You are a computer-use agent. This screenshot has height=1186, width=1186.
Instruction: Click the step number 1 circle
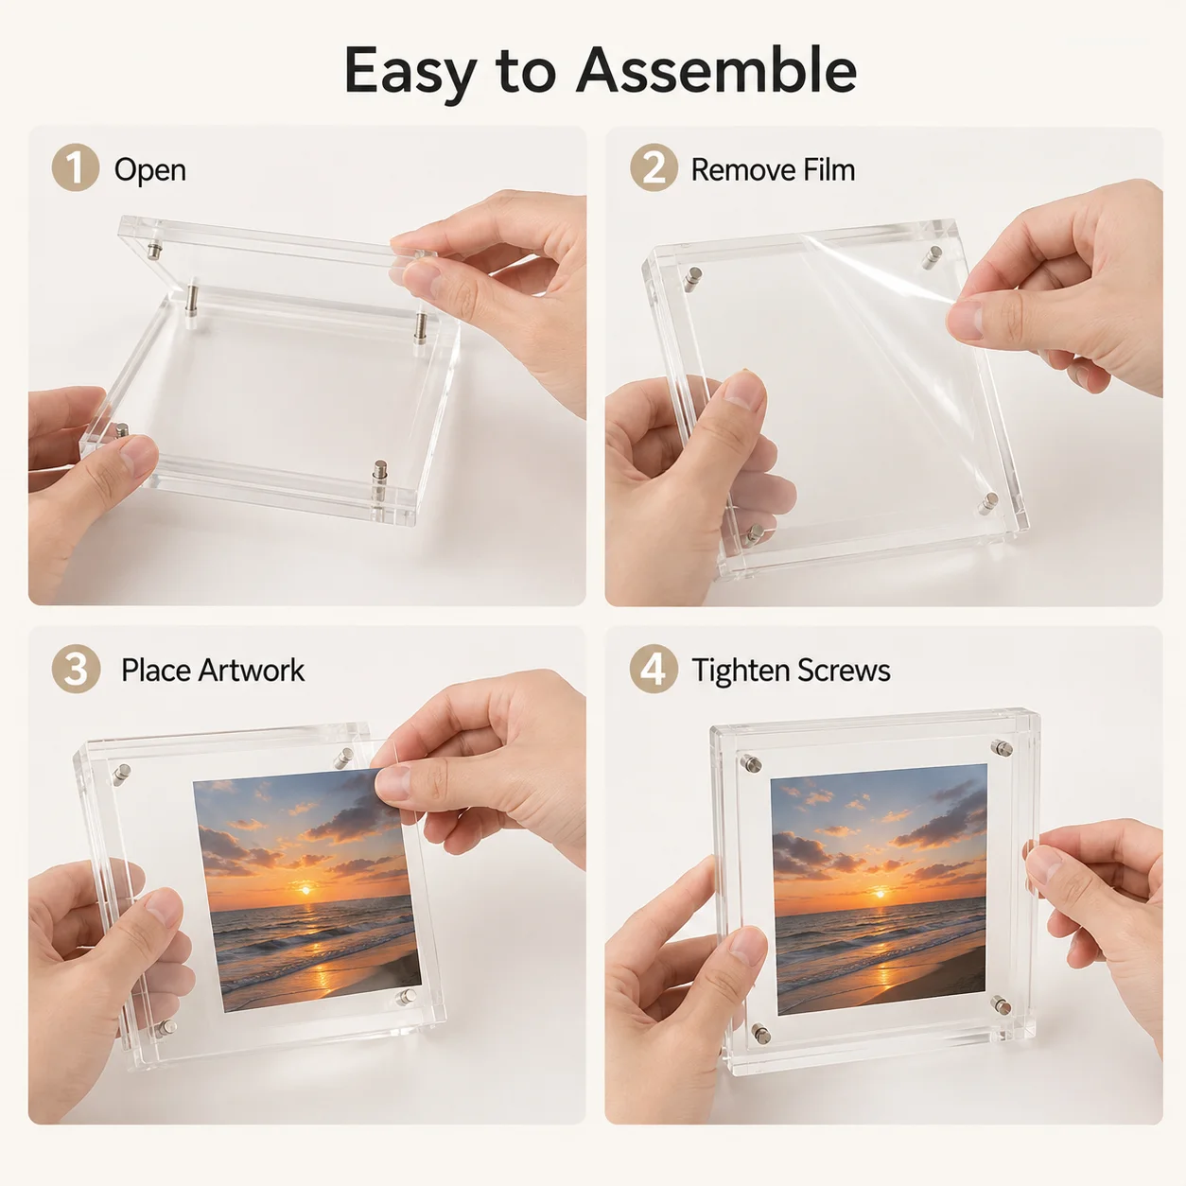(75, 167)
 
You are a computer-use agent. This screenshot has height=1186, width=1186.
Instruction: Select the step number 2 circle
(654, 167)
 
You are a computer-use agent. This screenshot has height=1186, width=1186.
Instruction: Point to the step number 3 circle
(76, 669)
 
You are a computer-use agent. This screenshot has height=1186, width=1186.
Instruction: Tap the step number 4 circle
(653, 669)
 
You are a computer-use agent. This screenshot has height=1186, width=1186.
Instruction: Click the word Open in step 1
(150, 170)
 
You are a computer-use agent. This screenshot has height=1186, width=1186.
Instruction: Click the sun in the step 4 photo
(881, 893)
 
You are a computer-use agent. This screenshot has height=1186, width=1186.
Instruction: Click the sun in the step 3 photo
(305, 890)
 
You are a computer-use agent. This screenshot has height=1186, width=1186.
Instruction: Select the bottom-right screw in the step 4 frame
(1000, 1006)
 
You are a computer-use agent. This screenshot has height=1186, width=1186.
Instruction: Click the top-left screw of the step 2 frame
(693, 276)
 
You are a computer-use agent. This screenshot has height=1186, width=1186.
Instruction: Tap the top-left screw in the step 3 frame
(121, 774)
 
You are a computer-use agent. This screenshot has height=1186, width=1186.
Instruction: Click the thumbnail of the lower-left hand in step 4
(747, 946)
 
